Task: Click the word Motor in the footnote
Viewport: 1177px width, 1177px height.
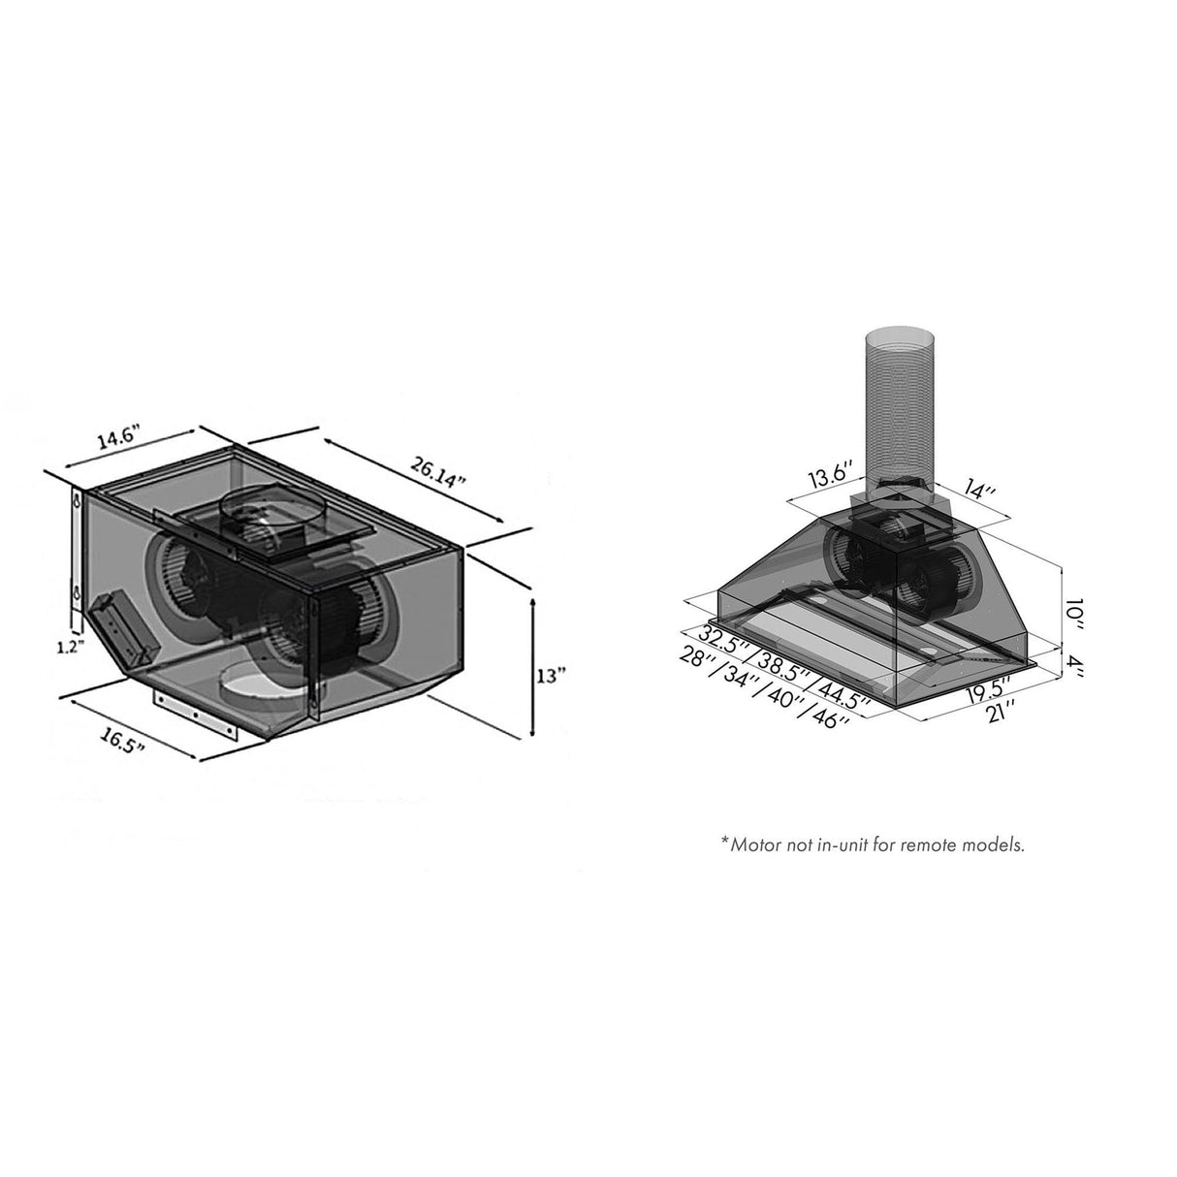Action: pos(754,844)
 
